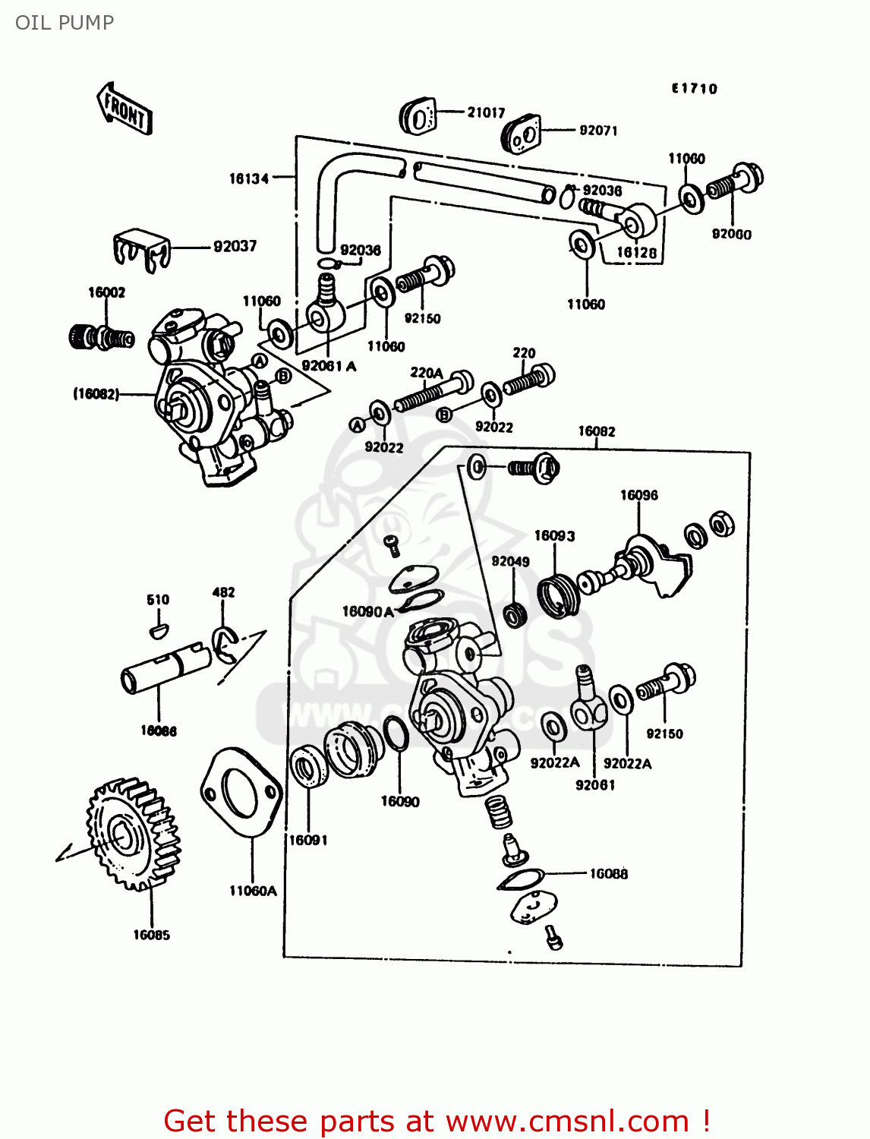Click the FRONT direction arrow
125,109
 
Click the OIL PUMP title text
65,23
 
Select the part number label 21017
486,112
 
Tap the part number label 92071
598,131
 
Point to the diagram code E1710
694,89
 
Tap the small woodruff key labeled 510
158,629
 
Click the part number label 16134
249,178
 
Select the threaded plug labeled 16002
102,336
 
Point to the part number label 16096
638,495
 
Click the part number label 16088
609,874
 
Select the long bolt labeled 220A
431,391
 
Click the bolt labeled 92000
734,183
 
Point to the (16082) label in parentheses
96,393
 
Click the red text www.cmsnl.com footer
437,1121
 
